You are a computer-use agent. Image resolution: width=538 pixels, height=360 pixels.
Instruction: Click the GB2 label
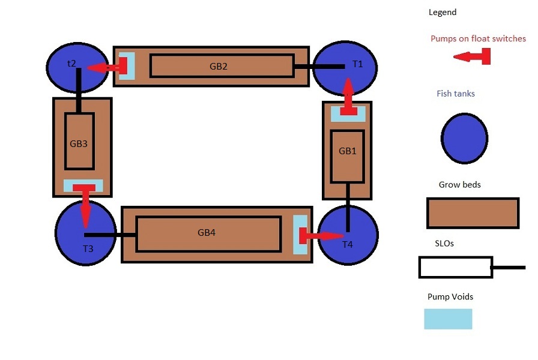point(219,66)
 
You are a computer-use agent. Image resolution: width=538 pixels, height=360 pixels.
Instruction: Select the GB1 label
point(348,151)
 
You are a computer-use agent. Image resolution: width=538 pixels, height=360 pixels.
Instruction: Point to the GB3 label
point(79,143)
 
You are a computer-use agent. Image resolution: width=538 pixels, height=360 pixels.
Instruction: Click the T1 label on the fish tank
point(358,64)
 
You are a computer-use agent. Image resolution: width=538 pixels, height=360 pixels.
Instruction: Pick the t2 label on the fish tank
point(71,63)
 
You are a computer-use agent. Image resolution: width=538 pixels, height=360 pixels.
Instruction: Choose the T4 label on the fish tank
point(348,244)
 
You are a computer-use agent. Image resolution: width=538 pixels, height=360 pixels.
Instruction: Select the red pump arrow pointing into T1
point(348,97)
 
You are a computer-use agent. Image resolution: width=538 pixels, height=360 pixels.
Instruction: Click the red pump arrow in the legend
point(473,57)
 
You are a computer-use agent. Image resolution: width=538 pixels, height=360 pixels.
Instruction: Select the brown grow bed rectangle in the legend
point(473,213)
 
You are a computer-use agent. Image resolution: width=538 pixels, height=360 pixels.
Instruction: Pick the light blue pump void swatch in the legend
point(448,319)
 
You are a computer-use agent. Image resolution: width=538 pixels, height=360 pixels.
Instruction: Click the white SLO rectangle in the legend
point(455,267)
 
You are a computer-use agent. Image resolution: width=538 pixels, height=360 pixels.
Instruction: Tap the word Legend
point(443,12)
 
